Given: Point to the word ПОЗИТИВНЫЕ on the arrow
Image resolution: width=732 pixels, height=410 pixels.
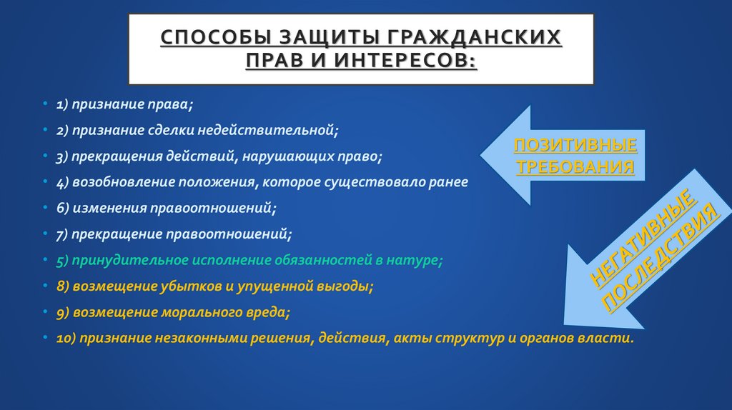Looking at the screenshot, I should pyautogui.click(x=575, y=146).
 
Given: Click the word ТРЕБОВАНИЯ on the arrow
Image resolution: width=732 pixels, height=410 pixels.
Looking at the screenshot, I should pyautogui.click(x=575, y=167).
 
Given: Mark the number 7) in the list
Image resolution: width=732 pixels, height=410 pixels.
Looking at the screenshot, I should pyautogui.click(x=63, y=234).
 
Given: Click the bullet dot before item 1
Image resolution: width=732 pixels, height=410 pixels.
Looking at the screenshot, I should pyautogui.click(x=46, y=104).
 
